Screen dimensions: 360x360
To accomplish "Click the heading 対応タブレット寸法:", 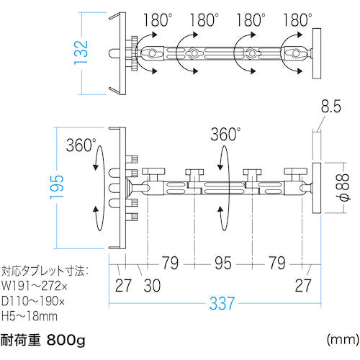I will tap(46, 272).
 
